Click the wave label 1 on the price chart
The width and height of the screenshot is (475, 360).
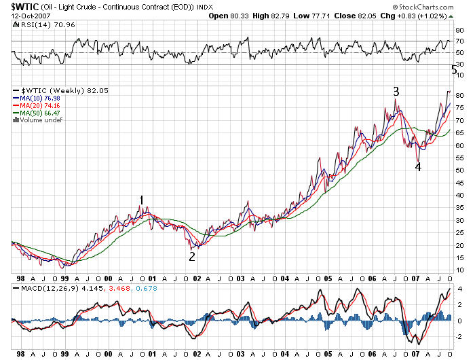pos(141,200)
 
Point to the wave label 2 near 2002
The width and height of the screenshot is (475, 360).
pos(192,256)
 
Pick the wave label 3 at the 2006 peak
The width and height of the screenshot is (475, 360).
pos(396,91)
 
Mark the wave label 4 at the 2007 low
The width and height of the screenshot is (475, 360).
pos(418,167)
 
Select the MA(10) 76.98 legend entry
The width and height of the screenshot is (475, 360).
pos(39,98)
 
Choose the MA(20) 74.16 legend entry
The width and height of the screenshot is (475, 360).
pos(39,106)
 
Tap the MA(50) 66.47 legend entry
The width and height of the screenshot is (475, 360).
pos(39,113)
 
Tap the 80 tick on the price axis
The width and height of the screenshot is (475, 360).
pos(459,95)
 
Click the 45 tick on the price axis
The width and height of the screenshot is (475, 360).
pos(459,183)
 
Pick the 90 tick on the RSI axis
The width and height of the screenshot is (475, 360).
pos(459,30)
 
